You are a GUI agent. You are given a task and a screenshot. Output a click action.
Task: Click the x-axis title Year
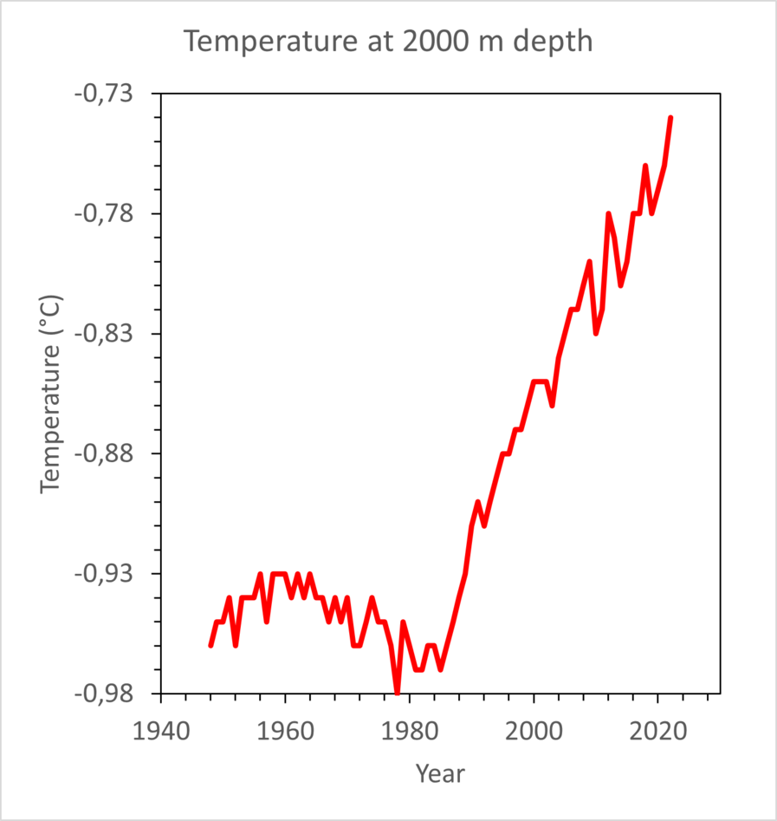[x=440, y=772]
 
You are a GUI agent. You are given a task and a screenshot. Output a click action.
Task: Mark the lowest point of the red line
[x=398, y=693]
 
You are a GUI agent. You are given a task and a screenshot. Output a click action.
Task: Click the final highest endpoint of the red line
[x=670, y=118]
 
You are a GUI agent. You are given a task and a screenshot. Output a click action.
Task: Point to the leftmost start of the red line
[x=210, y=645]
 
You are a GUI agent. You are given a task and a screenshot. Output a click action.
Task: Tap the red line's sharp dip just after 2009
[x=596, y=333]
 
